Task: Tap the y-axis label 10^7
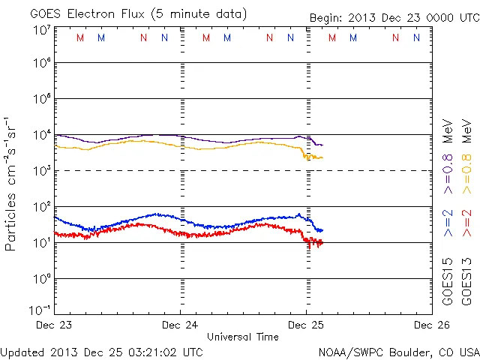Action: click(42, 30)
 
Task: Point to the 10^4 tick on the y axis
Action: click(42, 135)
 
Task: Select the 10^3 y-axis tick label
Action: click(42, 171)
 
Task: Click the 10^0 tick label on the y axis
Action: click(42, 279)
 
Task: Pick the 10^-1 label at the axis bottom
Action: click(40, 310)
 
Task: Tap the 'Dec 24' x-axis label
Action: click(180, 325)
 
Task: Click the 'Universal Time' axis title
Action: click(242, 337)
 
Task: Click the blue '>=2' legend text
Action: click(448, 223)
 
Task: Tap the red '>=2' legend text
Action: click(466, 223)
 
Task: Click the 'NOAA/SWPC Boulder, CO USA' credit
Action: click(398, 352)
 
